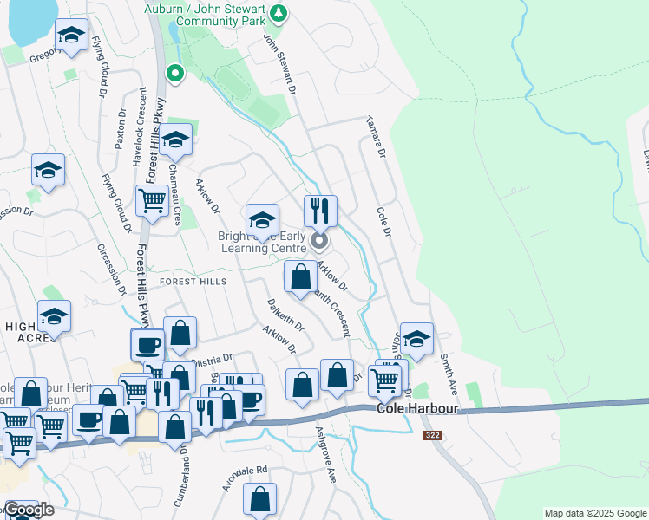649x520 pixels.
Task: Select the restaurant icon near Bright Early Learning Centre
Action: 319,210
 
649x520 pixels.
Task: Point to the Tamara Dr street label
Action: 375,135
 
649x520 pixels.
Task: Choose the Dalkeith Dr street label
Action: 285,316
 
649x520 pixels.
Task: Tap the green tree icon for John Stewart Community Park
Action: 278,12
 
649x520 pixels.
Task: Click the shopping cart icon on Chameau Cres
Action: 153,200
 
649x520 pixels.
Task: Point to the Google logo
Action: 29,510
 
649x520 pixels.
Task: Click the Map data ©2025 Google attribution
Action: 594,513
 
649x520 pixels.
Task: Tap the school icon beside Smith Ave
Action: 416,340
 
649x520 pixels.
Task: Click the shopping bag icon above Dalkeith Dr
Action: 301,277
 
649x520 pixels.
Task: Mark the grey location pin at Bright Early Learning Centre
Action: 319,240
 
